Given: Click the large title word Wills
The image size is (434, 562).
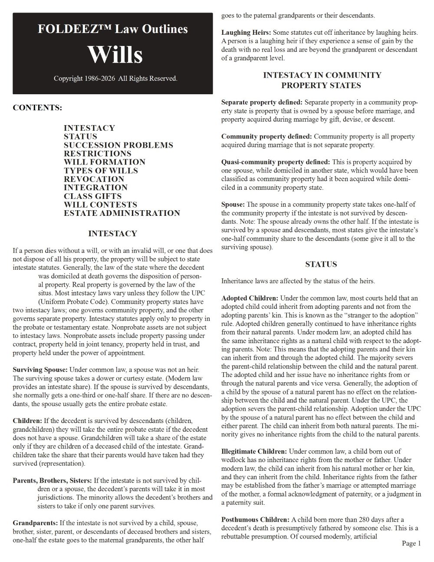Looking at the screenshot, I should pyautogui.click(x=115, y=55).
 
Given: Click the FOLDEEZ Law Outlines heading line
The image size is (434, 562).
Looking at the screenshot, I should pyautogui.click(x=113, y=29).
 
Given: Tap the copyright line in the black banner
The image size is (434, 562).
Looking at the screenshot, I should pyautogui.click(x=115, y=79).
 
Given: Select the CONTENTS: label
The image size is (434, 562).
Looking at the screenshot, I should pyautogui.click(x=37, y=107).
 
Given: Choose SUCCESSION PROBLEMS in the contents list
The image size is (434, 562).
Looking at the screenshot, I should pyautogui.click(x=118, y=145).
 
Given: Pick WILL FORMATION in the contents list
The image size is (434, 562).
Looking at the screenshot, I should pyautogui.click(x=105, y=162).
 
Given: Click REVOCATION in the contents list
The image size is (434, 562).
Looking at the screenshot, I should pyautogui.click(x=94, y=179).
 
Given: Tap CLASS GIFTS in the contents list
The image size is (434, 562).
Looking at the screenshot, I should pyautogui.click(x=92, y=196).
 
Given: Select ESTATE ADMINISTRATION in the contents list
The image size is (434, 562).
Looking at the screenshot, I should pyautogui.click(x=122, y=213).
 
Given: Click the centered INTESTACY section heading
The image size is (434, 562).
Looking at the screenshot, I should pyautogui.click(x=112, y=234).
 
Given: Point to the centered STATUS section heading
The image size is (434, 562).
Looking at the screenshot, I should pyautogui.click(x=321, y=264).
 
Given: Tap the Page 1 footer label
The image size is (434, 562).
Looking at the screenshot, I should pyautogui.click(x=411, y=543).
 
